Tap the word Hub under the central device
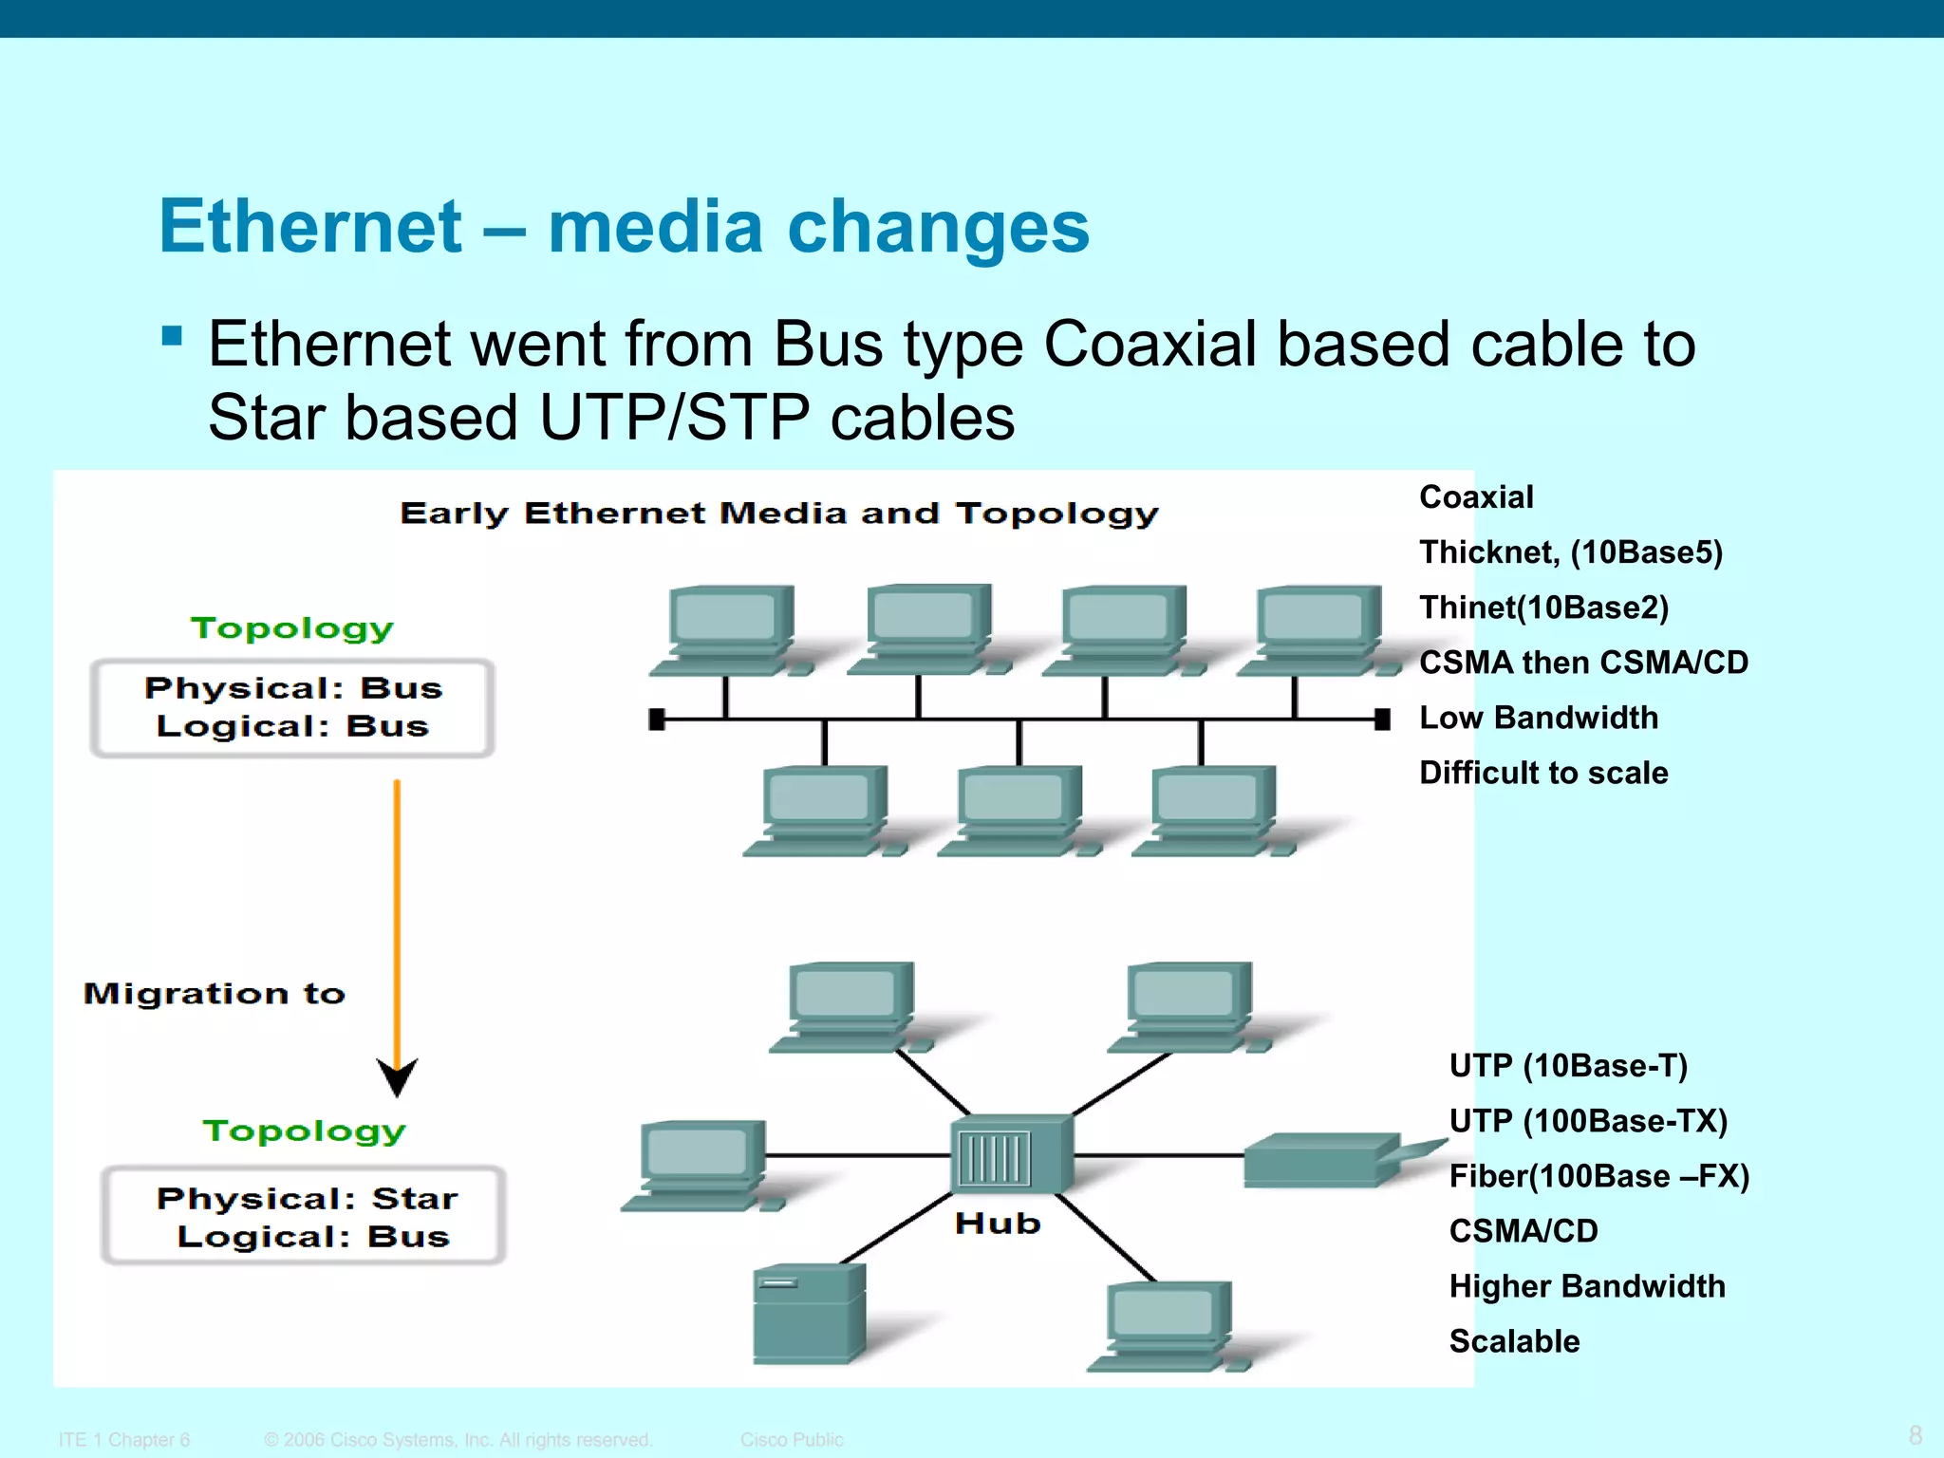coord(998,1224)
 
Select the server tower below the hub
coord(808,1316)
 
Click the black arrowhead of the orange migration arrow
coord(397,1077)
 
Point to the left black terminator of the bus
coord(656,720)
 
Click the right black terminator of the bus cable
coord(1382,720)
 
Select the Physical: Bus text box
coord(292,708)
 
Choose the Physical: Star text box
coord(304,1216)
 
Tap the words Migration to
coord(215,994)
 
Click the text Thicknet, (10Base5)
coord(1570,552)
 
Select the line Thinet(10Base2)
coord(1543,607)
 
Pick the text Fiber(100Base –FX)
coord(1598,1176)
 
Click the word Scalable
coord(1514,1341)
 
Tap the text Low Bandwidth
coord(1538,718)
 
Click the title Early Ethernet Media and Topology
coord(778,514)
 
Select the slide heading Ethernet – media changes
coord(624,227)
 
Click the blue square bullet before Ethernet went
coord(172,336)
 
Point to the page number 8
coord(1915,1435)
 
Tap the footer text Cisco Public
coord(791,1440)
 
